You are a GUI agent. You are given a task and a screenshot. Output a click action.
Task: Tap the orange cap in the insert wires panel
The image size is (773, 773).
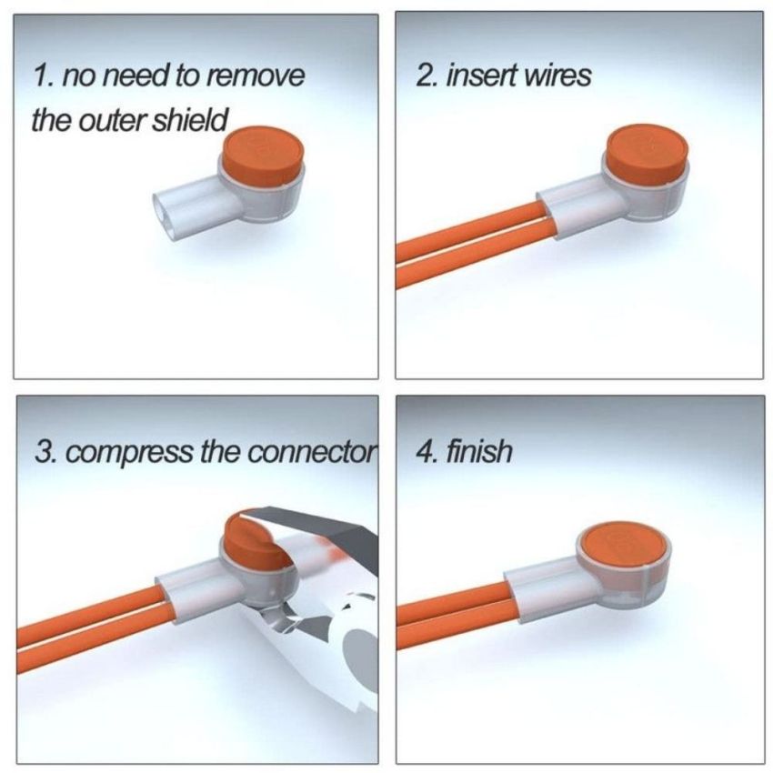(647, 155)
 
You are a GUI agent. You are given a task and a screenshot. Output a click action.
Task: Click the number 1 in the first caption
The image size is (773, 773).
(38, 75)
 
